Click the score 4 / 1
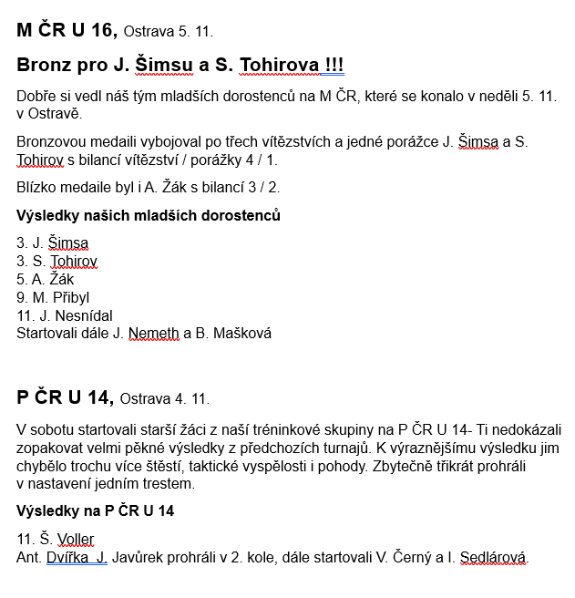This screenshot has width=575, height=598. point(260,160)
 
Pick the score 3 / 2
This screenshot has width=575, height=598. point(262,188)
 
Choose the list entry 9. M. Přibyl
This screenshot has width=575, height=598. point(53,297)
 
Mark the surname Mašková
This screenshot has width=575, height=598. point(242,334)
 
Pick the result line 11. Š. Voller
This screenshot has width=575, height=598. point(56,539)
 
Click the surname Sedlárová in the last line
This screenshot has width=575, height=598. point(493,557)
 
